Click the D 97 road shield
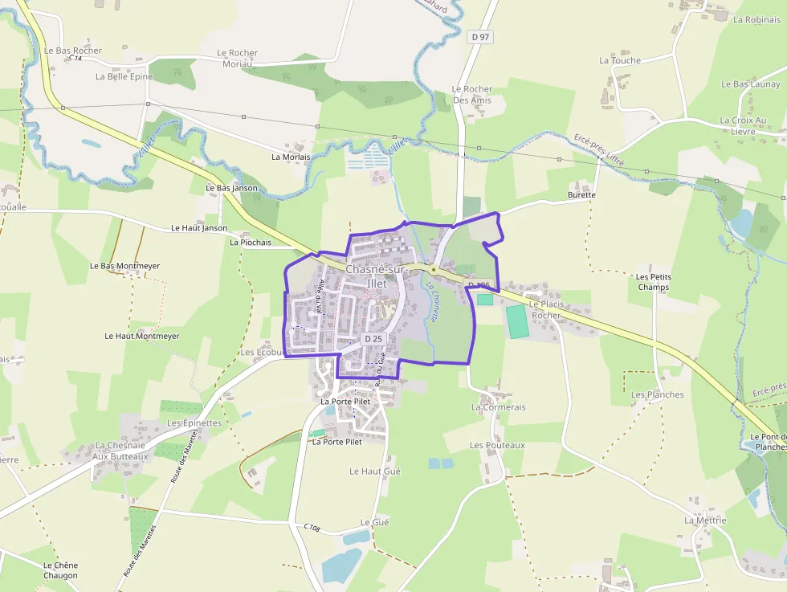[x=480, y=36]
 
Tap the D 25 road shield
[x=373, y=339]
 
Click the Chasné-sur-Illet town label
[x=376, y=276]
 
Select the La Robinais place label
[x=756, y=20]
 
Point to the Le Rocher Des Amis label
[x=471, y=95]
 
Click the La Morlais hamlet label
[x=291, y=157]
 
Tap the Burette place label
[x=581, y=194]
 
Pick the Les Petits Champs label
[x=654, y=282]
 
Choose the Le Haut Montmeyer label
[x=142, y=336]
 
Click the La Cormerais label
[x=499, y=407]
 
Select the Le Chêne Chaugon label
[x=61, y=570]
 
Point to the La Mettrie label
[x=705, y=520]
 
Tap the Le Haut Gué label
[x=375, y=472]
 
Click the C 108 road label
[x=312, y=528]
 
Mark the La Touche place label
[x=620, y=60]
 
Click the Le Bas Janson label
[x=232, y=188]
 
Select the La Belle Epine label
[x=124, y=76]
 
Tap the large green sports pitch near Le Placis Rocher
[x=519, y=320]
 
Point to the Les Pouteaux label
[x=497, y=445]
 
